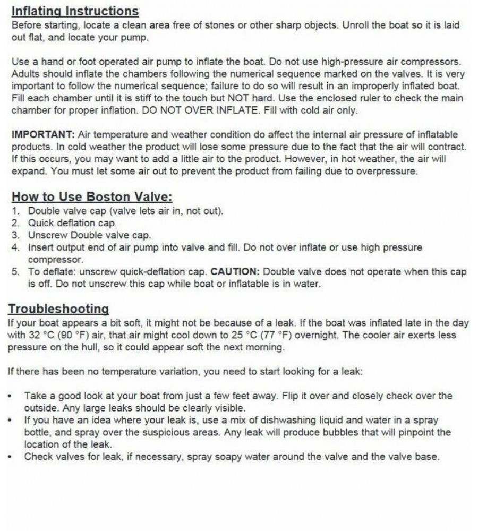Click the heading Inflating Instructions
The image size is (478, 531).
click(75, 11)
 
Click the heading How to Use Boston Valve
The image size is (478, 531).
click(92, 196)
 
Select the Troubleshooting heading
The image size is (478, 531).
click(58, 309)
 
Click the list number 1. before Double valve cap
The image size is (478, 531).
click(16, 211)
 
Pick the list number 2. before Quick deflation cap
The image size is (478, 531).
click(16, 223)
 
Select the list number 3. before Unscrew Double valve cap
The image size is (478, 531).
click(16, 235)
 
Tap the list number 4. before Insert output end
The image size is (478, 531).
click(16, 247)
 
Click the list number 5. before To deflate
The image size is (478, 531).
click(16, 271)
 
